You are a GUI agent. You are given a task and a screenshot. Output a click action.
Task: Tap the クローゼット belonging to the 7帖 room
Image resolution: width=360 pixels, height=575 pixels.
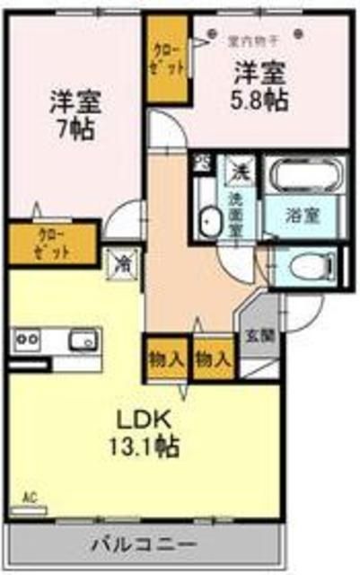tap(52, 243)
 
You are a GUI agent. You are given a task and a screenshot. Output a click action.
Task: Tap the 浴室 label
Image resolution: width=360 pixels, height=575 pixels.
tap(299, 217)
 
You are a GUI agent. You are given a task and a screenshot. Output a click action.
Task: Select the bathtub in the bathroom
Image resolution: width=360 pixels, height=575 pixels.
tap(301, 176)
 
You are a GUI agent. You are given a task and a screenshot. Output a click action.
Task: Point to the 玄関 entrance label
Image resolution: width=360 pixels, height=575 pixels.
tap(255, 341)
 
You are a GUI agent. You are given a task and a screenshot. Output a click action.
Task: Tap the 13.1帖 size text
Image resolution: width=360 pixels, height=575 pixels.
tap(145, 443)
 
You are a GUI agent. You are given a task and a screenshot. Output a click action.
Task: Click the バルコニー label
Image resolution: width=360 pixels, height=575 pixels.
tap(144, 544)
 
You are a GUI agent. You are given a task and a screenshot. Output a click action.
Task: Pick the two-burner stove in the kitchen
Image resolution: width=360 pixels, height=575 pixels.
tap(26, 340)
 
